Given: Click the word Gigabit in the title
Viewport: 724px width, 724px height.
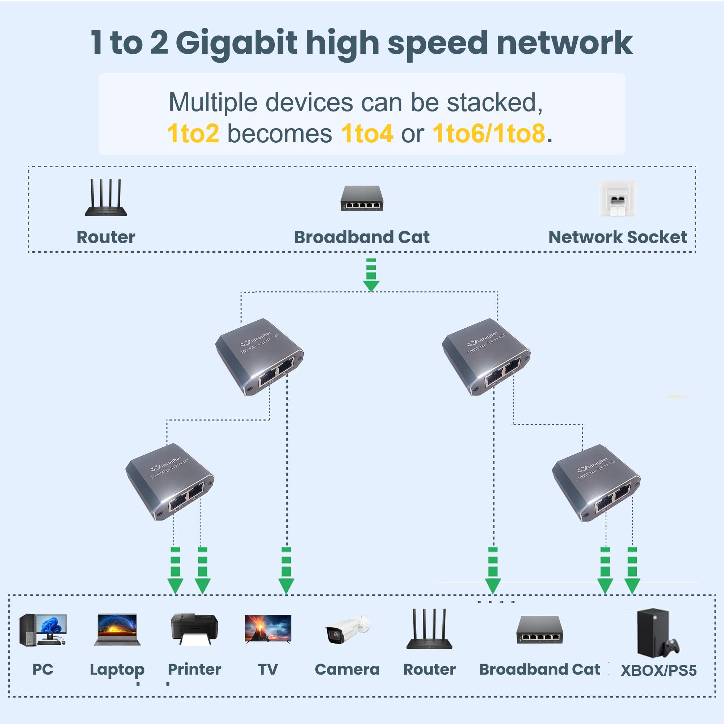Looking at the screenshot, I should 236,43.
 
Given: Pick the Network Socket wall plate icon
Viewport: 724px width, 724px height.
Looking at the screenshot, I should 618,198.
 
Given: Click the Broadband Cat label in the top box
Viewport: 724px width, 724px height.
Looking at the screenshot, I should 362,237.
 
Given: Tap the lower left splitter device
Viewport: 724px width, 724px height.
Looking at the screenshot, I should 169,481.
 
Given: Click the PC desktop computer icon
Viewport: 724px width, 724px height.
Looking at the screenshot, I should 42,630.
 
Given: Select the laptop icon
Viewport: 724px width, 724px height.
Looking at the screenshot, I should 117,630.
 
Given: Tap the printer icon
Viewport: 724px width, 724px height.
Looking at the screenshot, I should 194,630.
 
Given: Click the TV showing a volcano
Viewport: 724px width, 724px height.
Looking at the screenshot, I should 268,629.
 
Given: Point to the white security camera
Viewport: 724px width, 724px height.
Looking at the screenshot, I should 347,630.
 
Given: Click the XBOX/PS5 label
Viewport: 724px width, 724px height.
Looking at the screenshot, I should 658,670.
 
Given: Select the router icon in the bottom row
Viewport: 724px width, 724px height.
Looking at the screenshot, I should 429,630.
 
